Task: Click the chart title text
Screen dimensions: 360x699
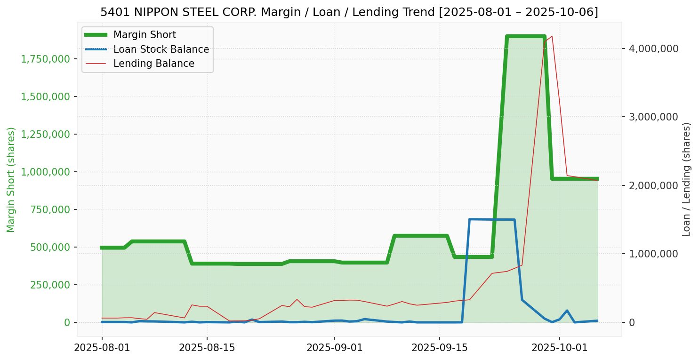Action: point(349,12)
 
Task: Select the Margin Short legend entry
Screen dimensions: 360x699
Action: point(145,35)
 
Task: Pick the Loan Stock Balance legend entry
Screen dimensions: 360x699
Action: point(161,49)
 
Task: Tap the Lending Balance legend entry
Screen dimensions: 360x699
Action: point(153,64)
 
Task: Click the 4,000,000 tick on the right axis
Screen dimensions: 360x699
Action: point(651,48)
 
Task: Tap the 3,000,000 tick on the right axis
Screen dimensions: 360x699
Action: point(651,117)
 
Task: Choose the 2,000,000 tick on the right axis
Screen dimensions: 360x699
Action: point(651,185)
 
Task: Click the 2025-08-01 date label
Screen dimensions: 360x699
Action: point(102,348)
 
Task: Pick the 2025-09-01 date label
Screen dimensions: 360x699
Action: point(335,348)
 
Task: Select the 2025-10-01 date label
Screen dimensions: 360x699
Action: point(559,348)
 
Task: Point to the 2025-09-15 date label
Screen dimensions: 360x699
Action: point(440,348)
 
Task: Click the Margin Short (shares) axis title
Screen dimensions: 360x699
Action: point(11,179)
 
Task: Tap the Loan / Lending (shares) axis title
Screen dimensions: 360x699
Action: point(686,179)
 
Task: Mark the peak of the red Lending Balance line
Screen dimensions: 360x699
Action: point(552,36)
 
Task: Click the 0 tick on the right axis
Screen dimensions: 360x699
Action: point(632,322)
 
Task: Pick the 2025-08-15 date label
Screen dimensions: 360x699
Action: point(207,348)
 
